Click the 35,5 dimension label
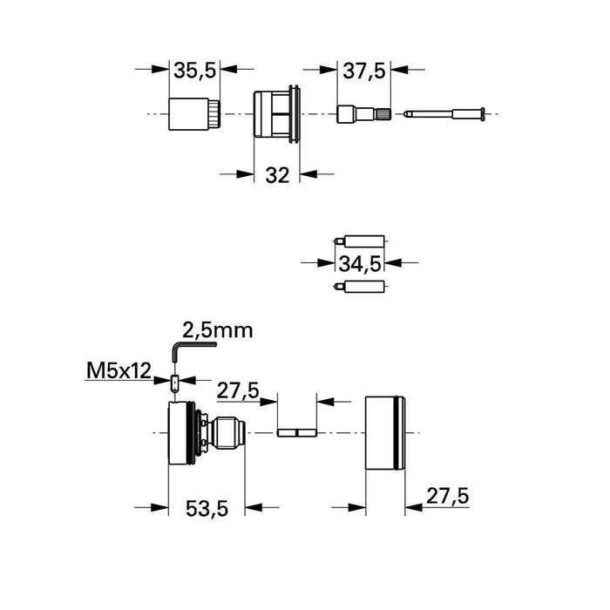(193, 71)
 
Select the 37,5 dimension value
(363, 71)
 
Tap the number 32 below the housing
(276, 174)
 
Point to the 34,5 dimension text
(360, 261)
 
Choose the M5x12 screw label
(119, 373)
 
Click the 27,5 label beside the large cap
(447, 495)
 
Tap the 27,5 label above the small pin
(238, 392)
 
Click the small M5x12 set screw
(176, 383)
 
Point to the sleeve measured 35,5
(193, 114)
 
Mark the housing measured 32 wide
(277, 114)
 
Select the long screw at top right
(446, 114)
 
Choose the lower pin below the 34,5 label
(360, 285)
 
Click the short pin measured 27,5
(295, 431)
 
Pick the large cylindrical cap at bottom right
(384, 431)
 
